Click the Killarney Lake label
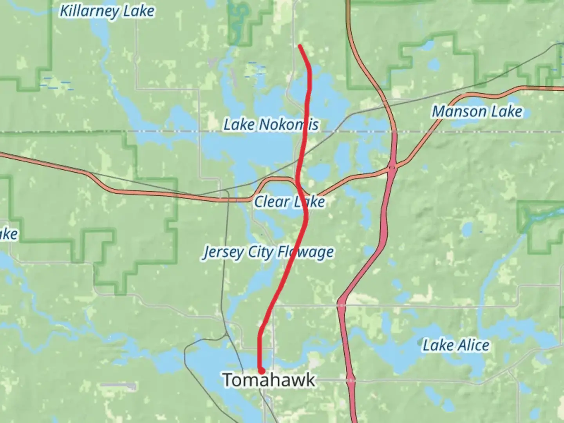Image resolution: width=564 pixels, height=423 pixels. click(107, 11)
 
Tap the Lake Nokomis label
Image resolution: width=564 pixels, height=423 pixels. click(271, 125)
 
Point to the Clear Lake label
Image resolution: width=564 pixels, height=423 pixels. click(289, 202)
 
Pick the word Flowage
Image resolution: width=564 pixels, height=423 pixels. click(305, 252)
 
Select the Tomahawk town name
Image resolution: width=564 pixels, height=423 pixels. click(269, 380)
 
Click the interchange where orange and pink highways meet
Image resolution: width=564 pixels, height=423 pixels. click(392, 168)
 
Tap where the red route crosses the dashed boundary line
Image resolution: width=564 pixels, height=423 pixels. click(305, 132)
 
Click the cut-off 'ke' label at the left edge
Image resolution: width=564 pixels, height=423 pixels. click(9, 234)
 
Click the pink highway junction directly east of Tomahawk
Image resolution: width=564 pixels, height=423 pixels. click(351, 380)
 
